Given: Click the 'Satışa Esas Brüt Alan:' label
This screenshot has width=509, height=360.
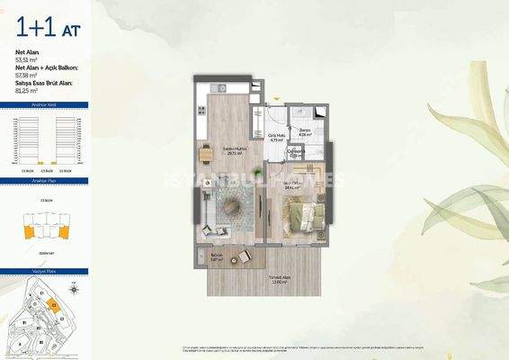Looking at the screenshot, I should click(49, 84).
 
